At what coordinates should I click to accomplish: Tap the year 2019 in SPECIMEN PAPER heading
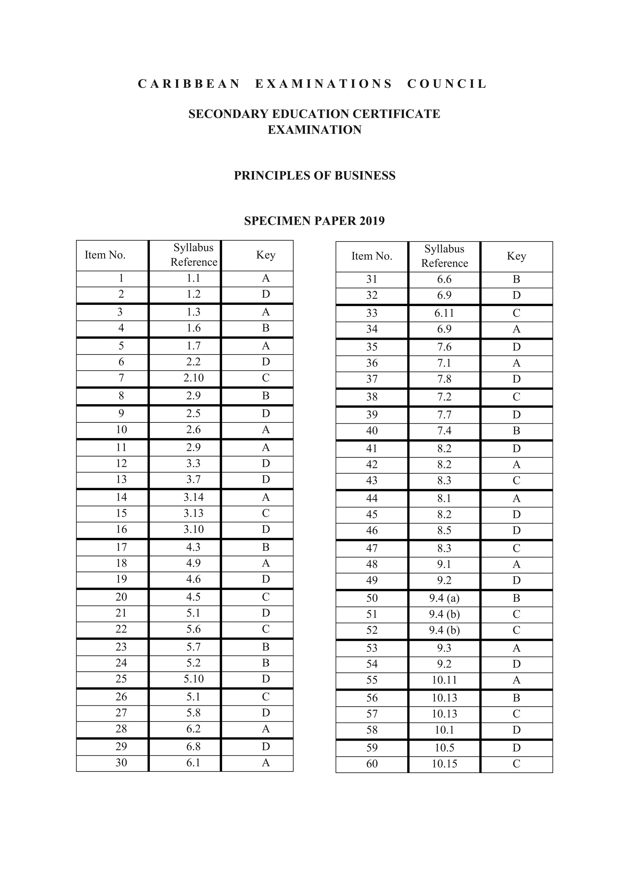(x=372, y=221)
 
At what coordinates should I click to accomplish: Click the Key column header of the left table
(x=265, y=255)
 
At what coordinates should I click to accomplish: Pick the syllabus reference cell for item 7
(x=193, y=378)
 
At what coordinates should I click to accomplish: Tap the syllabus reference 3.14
(x=193, y=497)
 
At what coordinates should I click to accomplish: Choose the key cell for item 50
(x=516, y=598)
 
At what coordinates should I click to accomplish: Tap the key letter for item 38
(x=516, y=397)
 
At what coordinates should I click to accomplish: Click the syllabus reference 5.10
(x=193, y=679)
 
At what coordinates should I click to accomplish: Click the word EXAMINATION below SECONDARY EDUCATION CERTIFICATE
(x=314, y=130)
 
